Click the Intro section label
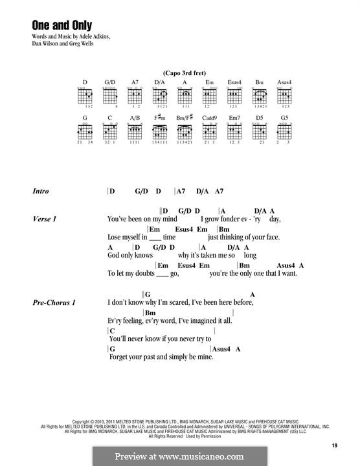(x=41, y=192)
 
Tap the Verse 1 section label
(x=45, y=219)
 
